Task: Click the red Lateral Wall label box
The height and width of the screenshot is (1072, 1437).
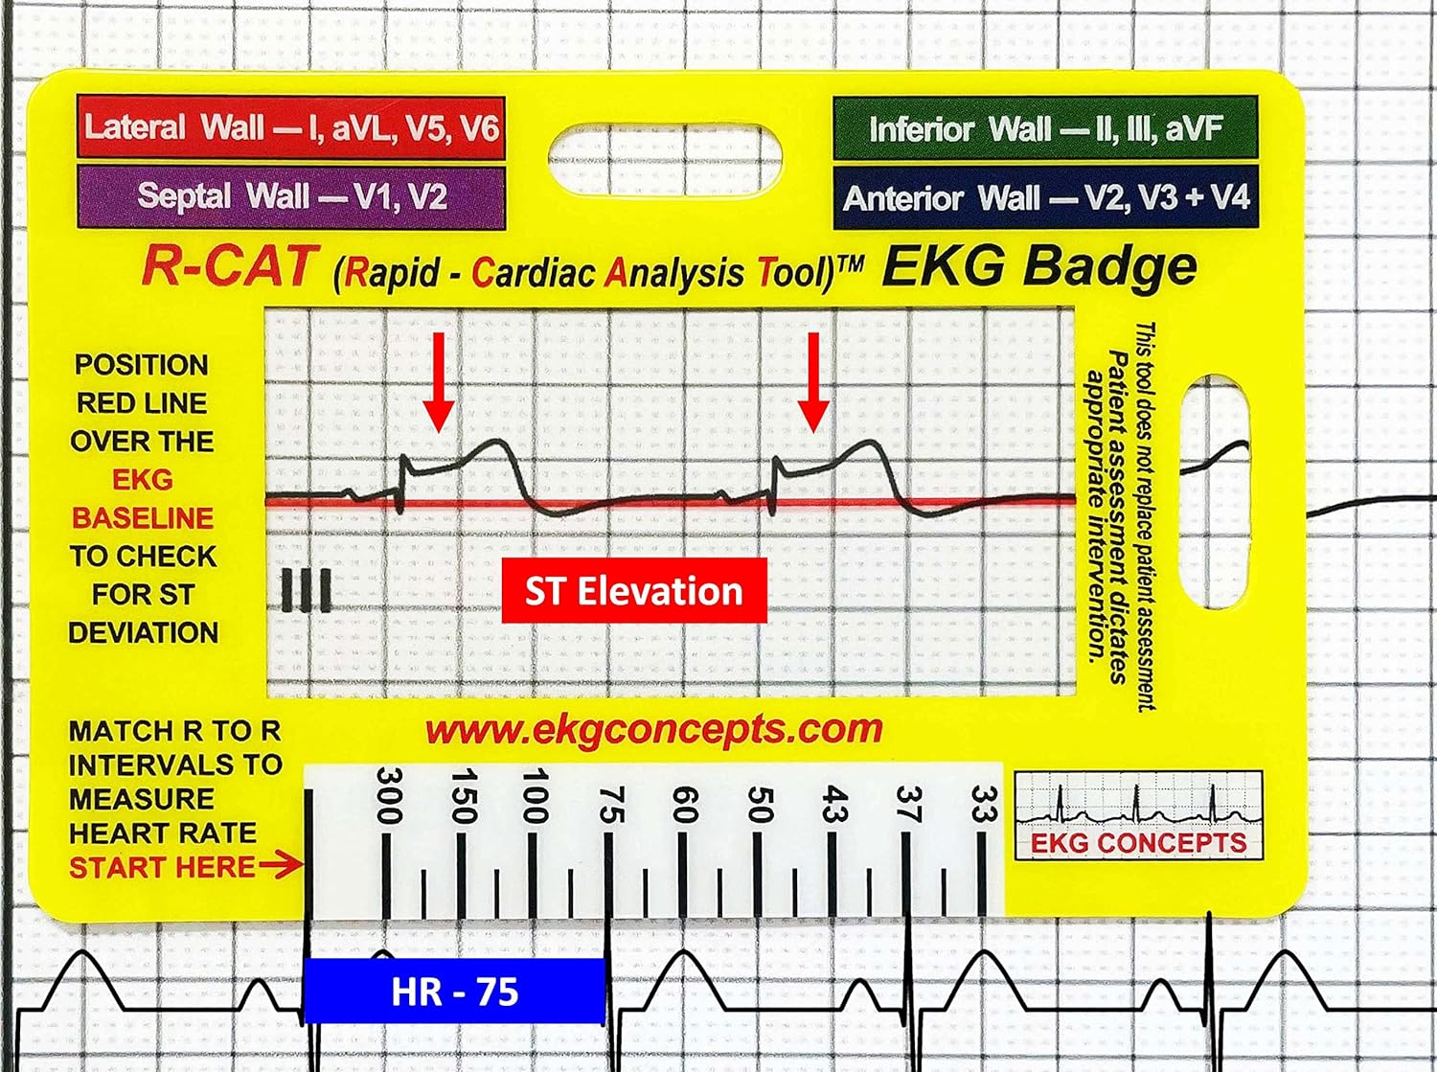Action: (290, 127)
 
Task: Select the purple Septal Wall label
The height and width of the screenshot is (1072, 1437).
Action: (290, 197)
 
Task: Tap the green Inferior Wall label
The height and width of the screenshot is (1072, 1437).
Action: (1045, 128)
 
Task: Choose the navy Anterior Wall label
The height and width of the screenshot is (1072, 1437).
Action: (1045, 198)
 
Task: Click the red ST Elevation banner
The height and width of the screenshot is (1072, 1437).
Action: (634, 591)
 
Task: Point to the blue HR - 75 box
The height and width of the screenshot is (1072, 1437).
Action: (454, 992)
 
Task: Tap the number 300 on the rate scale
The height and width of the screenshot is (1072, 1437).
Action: (387, 795)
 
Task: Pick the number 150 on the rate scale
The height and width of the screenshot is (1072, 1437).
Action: (462, 795)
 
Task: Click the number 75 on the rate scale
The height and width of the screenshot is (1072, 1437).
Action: (610, 803)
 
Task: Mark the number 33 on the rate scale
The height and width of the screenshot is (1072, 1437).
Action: (983, 803)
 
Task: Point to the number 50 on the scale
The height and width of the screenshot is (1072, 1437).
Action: (759, 803)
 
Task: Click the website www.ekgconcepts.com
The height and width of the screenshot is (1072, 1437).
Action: (653, 730)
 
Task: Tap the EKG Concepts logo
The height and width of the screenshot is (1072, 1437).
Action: (1138, 815)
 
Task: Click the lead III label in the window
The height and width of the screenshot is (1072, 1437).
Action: (307, 590)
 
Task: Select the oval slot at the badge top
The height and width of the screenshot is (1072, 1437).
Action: (664, 159)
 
